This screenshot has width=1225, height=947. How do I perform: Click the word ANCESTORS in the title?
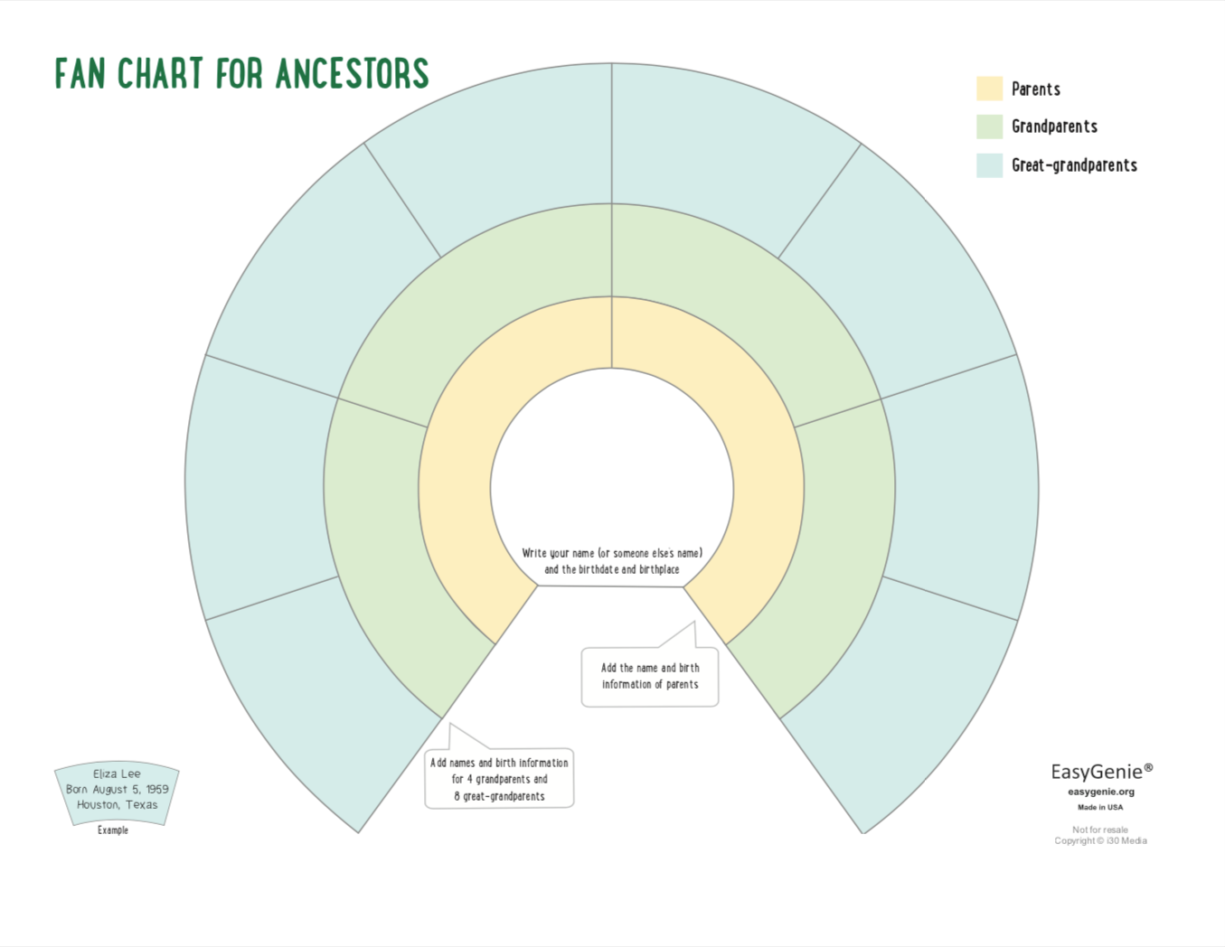click(x=353, y=73)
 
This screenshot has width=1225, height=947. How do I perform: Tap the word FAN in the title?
click(x=80, y=73)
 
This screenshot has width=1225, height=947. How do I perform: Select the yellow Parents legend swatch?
click(x=989, y=89)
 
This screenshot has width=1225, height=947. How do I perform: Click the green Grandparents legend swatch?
click(x=989, y=127)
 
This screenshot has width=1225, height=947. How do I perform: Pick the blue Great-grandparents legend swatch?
click(x=989, y=165)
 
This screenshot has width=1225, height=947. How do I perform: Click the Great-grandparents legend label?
click(x=1075, y=165)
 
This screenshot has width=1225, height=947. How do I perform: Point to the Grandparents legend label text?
click(x=1055, y=127)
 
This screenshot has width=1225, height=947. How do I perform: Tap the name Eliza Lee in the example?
click(x=117, y=774)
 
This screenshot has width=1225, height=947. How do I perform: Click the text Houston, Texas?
click(x=118, y=804)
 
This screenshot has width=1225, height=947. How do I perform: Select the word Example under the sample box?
click(x=113, y=830)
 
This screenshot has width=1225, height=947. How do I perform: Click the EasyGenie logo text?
click(x=1101, y=771)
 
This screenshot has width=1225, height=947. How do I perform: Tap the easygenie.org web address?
click(x=1101, y=792)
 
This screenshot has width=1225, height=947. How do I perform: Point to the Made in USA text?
click(x=1100, y=807)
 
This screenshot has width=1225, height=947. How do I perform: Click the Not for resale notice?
click(x=1100, y=830)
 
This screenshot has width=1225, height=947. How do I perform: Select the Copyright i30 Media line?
click(x=1100, y=840)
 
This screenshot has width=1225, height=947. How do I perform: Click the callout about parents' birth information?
click(x=650, y=676)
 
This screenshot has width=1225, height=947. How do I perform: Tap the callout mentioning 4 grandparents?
click(x=499, y=778)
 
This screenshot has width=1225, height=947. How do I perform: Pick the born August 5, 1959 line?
click(x=118, y=789)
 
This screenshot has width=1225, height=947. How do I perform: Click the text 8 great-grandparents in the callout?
click(x=499, y=796)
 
